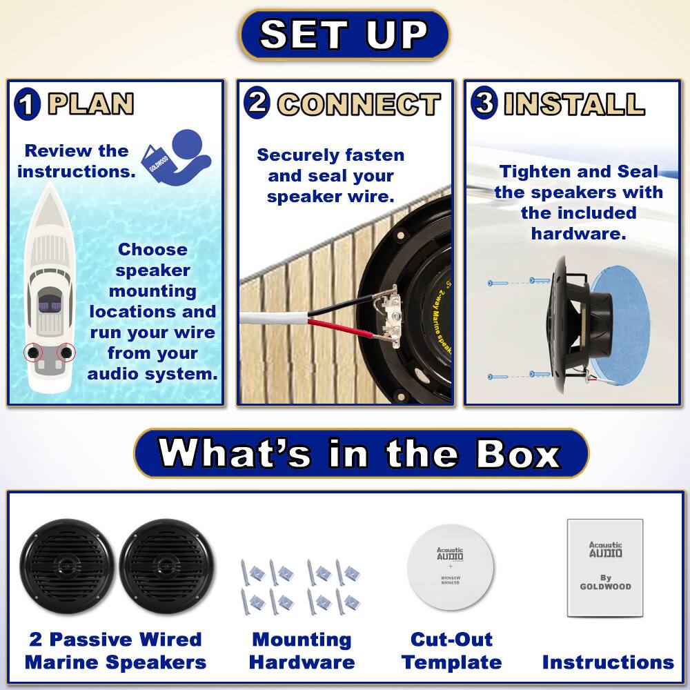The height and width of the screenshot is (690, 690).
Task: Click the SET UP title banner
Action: [344, 34]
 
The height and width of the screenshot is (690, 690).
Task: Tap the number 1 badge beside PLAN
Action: [27, 106]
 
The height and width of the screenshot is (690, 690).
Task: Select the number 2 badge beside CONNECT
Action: [256, 103]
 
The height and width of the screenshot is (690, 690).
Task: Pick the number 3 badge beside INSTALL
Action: [484, 103]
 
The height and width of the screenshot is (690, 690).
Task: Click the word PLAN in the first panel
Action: [90, 104]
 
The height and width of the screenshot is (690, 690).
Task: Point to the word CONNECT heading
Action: [359, 104]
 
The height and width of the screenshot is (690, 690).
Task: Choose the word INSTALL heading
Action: [574, 103]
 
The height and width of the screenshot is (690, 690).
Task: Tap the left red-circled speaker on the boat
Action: [33, 353]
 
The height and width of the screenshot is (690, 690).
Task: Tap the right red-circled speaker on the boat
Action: [66, 353]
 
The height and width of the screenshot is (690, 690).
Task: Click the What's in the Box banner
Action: [361, 453]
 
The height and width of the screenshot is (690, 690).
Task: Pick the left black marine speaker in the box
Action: [66, 566]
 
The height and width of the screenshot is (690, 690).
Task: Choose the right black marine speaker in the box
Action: [166, 566]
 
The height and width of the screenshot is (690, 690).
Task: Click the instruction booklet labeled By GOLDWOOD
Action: [605, 567]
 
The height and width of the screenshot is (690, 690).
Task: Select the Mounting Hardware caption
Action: [302, 651]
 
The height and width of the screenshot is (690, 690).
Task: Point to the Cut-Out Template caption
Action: [451, 651]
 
